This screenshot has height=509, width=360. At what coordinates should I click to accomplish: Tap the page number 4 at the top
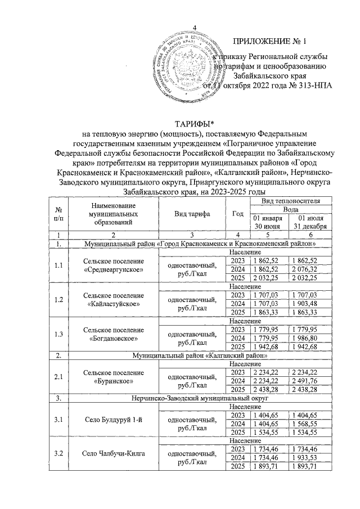point(195,29)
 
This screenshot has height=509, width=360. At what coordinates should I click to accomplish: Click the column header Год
point(237,214)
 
